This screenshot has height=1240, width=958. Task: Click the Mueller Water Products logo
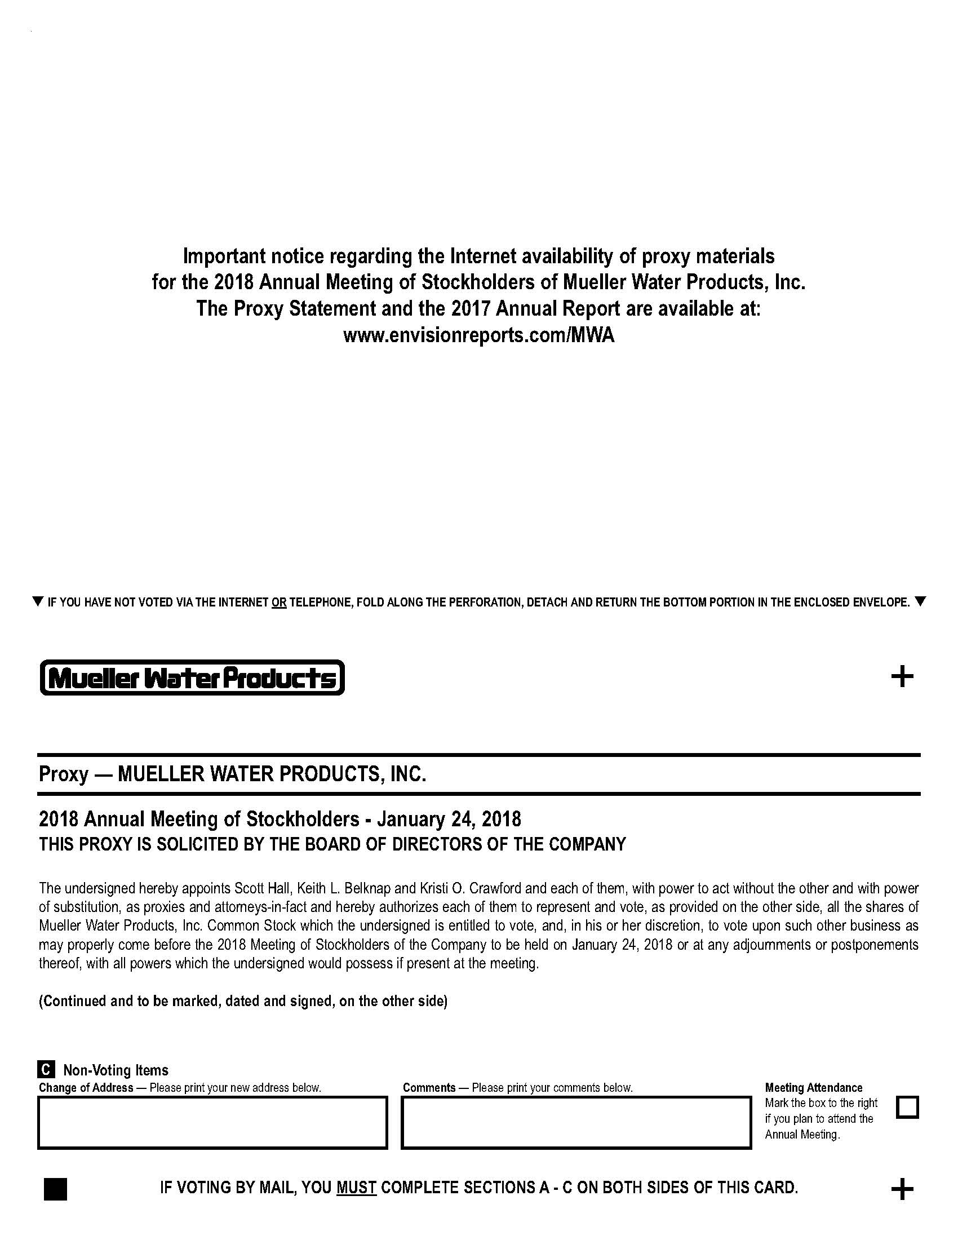click(x=192, y=677)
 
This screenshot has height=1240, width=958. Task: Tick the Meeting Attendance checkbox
click(x=907, y=1107)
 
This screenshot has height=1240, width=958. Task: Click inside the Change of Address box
click(x=212, y=1122)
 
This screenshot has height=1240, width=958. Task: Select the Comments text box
click(x=576, y=1122)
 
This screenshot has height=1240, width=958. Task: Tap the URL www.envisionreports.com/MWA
click(x=478, y=335)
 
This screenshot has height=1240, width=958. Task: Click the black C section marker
click(x=46, y=1070)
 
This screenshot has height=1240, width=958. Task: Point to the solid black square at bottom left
click(x=55, y=1189)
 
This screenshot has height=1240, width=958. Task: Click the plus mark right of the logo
click(x=902, y=676)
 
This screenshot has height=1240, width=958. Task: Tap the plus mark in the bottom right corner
click(x=902, y=1189)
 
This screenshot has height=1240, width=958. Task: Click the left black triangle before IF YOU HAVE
click(x=38, y=601)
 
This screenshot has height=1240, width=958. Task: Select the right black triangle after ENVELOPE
click(x=921, y=601)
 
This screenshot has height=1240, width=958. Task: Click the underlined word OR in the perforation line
click(x=278, y=603)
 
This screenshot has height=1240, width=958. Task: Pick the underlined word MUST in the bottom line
click(x=356, y=1187)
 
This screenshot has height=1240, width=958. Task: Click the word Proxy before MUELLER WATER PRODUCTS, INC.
click(x=64, y=774)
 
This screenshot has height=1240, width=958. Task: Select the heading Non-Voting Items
click(x=116, y=1070)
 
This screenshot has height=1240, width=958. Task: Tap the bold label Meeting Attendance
click(x=813, y=1087)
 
